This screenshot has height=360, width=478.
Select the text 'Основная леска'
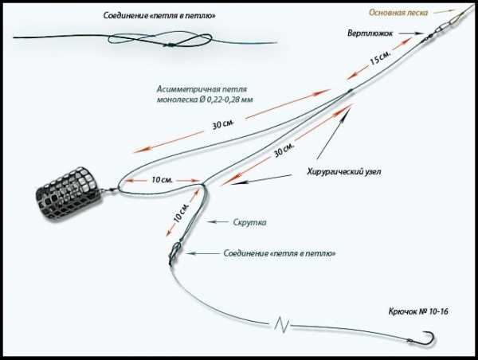click(x=398, y=14)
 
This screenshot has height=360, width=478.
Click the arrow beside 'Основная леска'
click(x=441, y=14)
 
